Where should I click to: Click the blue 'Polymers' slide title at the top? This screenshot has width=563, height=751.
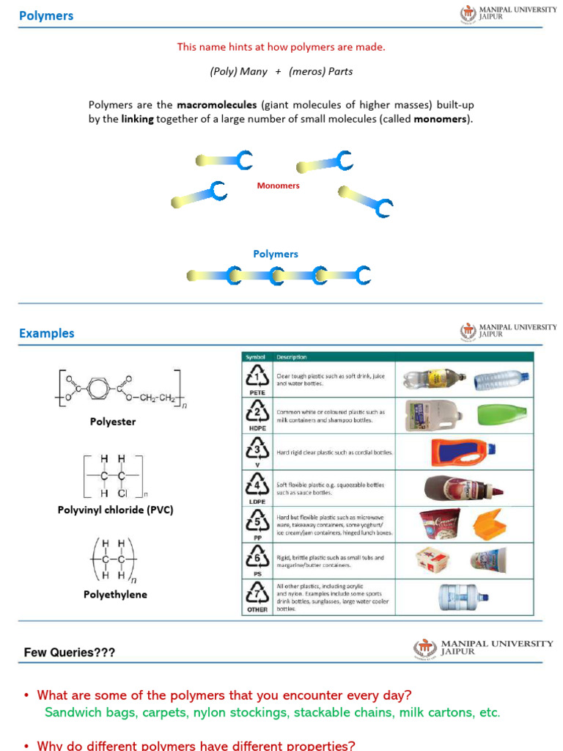(46, 15)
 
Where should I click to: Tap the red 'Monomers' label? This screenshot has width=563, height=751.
(278, 186)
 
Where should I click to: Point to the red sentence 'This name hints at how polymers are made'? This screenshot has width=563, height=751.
(281, 47)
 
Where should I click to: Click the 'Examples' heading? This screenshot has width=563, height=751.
(47, 333)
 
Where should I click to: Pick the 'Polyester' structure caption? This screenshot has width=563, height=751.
(113, 422)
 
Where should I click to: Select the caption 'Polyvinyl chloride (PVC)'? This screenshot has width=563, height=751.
(115, 510)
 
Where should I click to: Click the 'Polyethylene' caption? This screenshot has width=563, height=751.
(115, 594)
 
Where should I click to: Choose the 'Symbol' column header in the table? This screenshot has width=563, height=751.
(254, 357)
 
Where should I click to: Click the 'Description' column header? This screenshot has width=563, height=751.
(292, 357)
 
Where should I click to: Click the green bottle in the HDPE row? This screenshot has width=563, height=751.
(502, 414)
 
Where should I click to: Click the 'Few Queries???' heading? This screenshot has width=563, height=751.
(70, 652)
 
